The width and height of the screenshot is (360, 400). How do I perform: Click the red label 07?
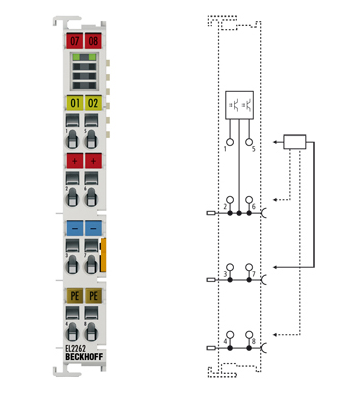pyautogui.click(x=73, y=42)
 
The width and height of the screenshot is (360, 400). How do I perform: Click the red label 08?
pyautogui.click(x=93, y=42)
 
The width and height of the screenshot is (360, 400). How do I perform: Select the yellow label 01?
pyautogui.click(x=73, y=103)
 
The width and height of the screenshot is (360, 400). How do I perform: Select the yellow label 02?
pyautogui.click(x=93, y=103)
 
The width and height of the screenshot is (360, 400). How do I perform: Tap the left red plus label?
pyautogui.click(x=73, y=161)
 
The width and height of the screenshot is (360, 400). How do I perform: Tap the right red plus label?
pyautogui.click(x=93, y=161)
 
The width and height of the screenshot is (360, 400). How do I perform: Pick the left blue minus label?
pyautogui.click(x=73, y=229)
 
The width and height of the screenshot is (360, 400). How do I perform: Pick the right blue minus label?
pyautogui.click(x=93, y=229)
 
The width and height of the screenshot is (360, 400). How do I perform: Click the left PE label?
pyautogui.click(x=73, y=297)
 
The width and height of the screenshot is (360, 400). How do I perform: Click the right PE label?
pyautogui.click(x=93, y=297)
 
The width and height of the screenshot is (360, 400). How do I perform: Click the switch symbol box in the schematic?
pyautogui.click(x=240, y=105)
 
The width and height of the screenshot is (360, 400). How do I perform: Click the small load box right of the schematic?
pyautogui.click(x=296, y=141)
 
